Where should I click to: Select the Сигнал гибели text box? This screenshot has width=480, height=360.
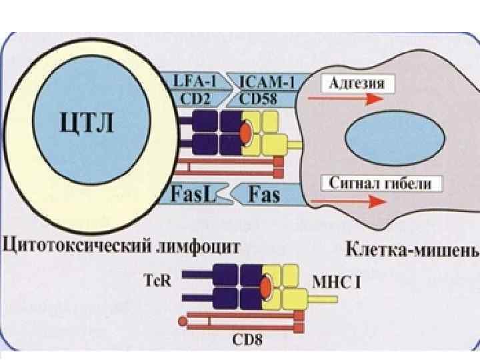coord(381,183)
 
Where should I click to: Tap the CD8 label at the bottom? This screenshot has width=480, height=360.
coord(247,341)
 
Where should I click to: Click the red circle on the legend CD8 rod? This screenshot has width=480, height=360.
coord(182,323)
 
